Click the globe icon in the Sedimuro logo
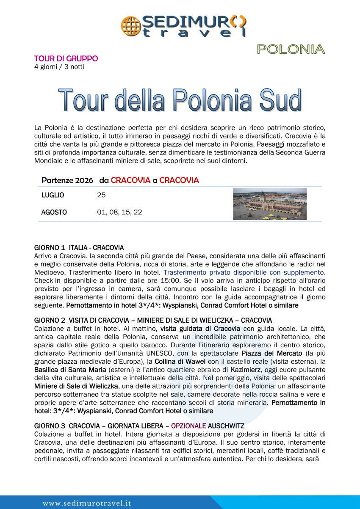[129, 25]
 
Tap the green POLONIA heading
[291, 50]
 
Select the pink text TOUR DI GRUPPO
[66, 58]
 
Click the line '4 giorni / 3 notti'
[59, 66]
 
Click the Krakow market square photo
[270, 204]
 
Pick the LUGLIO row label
[53, 195]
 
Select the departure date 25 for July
[101, 195]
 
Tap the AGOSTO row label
[54, 212]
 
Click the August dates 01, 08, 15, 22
[119, 212]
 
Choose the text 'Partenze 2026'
[67, 180]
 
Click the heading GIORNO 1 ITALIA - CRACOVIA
[79, 248]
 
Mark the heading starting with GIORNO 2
[153, 320]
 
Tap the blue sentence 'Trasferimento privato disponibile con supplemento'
[244, 273]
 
